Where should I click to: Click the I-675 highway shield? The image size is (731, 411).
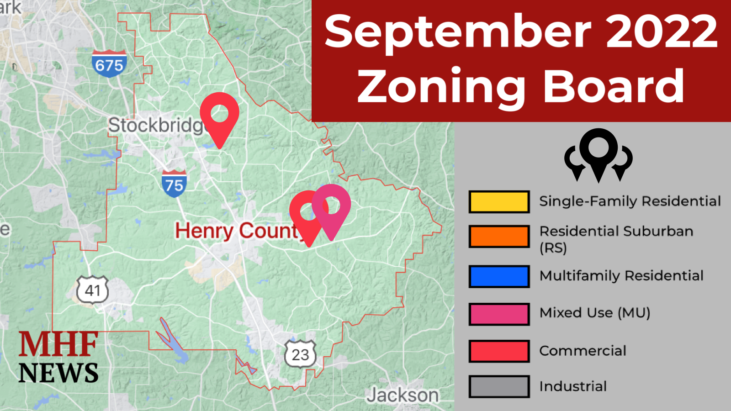tap(109, 63)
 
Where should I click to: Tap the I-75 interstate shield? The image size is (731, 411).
tap(174, 184)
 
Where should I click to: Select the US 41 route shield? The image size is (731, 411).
tap(93, 290)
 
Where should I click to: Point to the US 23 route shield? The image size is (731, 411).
tap(300, 354)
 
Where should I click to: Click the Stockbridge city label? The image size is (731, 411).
tap(155, 125)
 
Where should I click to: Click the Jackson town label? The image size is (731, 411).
tap(403, 395)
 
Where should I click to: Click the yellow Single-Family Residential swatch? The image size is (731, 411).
tap(499, 202)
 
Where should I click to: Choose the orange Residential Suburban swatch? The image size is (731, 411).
tap(499, 236)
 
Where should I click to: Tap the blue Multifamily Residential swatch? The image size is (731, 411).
tap(499, 276)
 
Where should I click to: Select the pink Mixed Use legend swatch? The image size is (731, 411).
tap(499, 314)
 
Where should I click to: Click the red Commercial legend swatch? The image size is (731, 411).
tap(499, 351)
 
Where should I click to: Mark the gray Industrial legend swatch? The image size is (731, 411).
tap(499, 386)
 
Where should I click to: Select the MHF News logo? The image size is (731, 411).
tap(58, 358)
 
